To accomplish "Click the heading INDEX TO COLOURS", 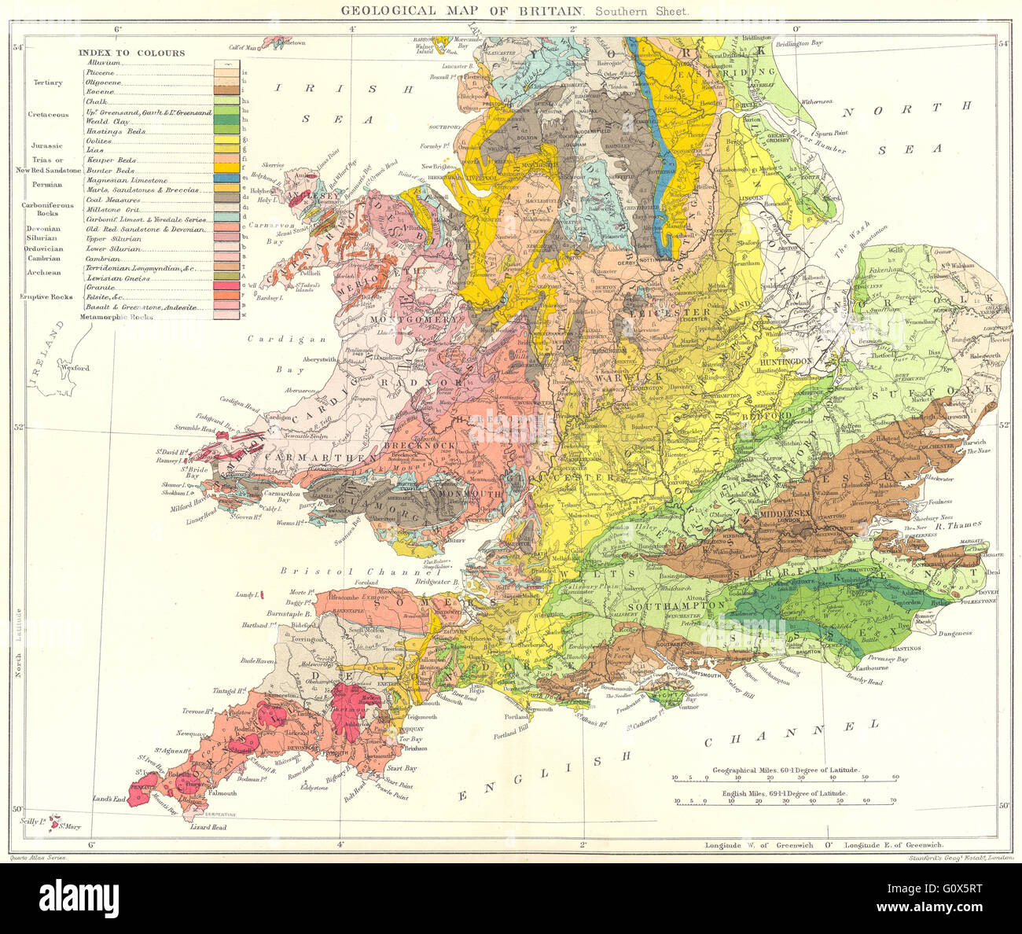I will [131, 53].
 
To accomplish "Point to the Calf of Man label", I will [244, 47].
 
